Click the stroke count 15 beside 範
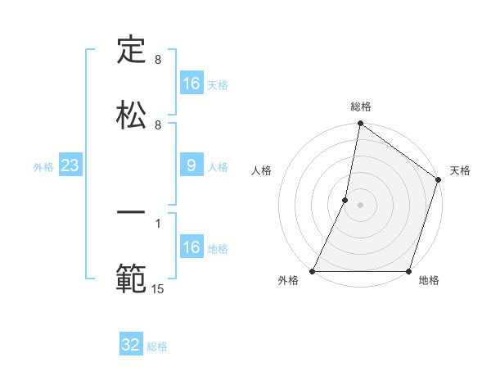(158, 289)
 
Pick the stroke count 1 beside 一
(158, 222)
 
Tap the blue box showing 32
(131, 346)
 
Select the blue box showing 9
(191, 166)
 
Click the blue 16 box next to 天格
(191, 84)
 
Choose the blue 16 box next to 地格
(191, 247)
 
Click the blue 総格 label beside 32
(157, 346)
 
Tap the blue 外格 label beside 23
(43, 167)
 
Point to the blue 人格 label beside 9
(218, 167)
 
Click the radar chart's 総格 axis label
(361, 106)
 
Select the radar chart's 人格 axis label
(261, 170)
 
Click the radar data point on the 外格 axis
(313, 271)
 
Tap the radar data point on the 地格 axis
(409, 271)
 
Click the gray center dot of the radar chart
(361, 205)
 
